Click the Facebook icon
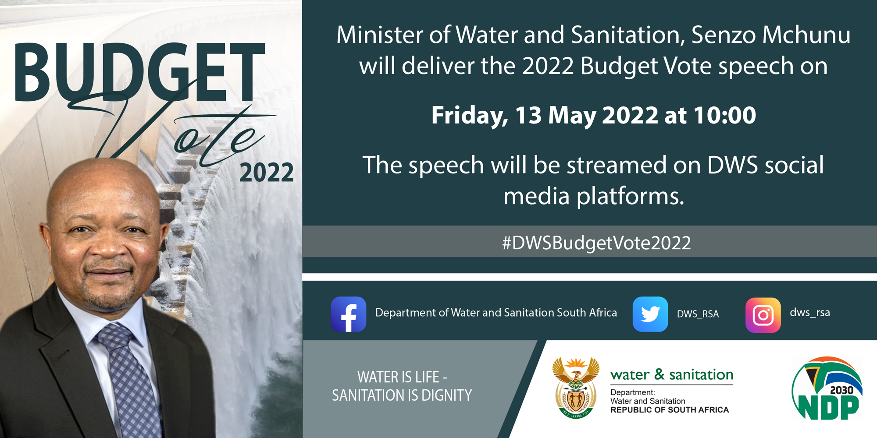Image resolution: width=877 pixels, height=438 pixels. point(349,314)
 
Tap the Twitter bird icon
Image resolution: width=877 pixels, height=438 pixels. point(650,314)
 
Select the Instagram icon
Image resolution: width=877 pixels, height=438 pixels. point(763,315)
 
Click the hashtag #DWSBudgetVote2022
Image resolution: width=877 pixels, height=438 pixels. point(596,243)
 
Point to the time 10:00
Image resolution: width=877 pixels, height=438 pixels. point(725,115)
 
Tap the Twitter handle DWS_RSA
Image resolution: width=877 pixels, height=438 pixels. point(698,314)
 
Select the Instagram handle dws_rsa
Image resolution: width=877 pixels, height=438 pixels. point(810,313)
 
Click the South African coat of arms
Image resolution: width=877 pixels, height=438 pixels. point(576,388)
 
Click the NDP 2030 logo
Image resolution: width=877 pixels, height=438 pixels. point(827,389)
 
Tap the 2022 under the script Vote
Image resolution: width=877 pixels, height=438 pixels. point(267,173)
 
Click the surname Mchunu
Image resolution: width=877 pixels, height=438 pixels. point(806,35)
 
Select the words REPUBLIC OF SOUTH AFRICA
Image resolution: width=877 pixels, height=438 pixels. point(670,410)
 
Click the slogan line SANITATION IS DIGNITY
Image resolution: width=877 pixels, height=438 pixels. point(402,396)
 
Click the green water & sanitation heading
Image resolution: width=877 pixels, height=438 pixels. point(672,375)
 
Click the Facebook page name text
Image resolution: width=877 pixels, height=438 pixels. point(496,313)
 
